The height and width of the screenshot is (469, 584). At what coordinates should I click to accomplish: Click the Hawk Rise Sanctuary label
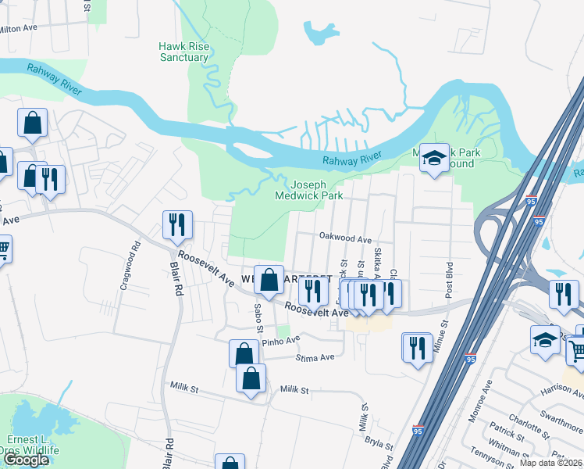click(x=184, y=52)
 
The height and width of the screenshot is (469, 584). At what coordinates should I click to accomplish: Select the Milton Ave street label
click(x=17, y=27)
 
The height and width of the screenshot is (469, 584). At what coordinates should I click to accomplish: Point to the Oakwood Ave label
click(x=344, y=238)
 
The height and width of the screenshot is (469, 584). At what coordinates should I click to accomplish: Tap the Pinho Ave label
click(x=280, y=341)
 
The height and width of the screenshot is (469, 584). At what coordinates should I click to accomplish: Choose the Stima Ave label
click(x=315, y=357)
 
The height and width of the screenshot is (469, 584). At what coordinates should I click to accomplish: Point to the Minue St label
click(x=441, y=333)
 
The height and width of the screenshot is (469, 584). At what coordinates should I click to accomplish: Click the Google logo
click(x=26, y=460)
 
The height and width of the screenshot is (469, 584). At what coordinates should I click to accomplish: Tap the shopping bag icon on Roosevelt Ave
click(x=269, y=281)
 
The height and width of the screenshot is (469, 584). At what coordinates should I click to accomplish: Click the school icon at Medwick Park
click(x=433, y=159)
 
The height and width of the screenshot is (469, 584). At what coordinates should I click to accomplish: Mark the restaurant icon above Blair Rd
click(x=176, y=224)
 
